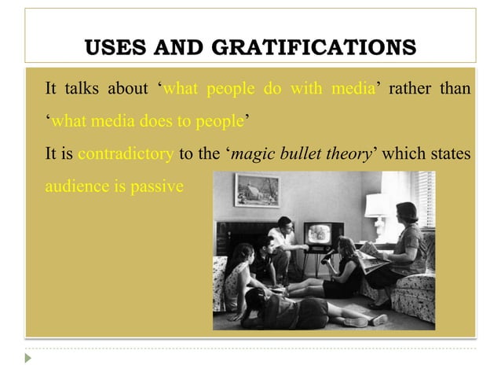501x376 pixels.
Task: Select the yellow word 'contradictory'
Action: click(126, 153)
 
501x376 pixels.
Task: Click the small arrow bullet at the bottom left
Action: click(28, 357)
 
